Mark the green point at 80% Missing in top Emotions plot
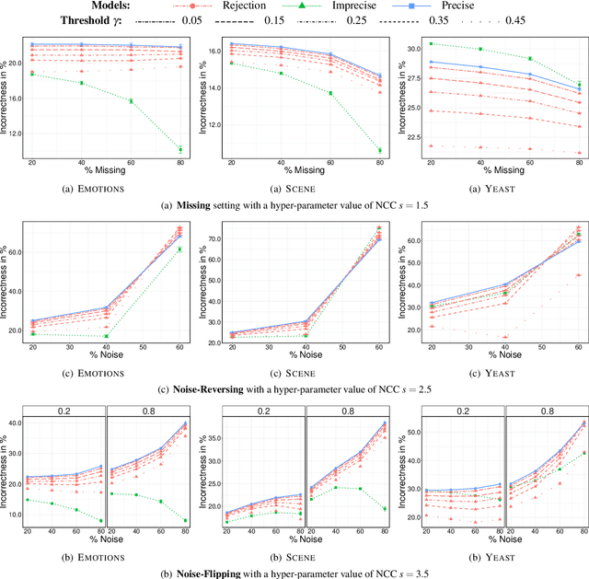179,149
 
